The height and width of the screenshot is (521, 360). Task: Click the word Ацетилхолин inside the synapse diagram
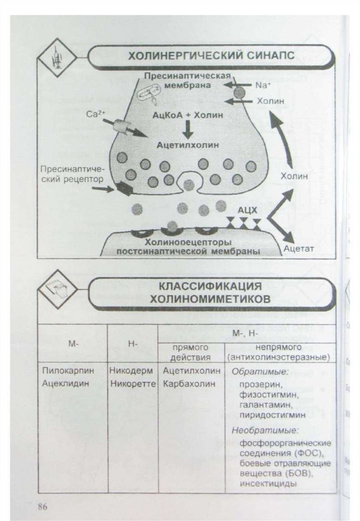pos(188,144)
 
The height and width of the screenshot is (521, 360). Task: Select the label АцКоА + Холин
pos(188,115)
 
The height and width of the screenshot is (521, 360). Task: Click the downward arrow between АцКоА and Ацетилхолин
pos(188,130)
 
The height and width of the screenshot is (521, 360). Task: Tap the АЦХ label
pos(249,209)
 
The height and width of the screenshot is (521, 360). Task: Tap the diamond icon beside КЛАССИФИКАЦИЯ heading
pos(57,290)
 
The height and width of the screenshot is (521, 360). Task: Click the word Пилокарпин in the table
pos(65,371)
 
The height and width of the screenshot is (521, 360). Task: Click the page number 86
pos(43,506)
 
